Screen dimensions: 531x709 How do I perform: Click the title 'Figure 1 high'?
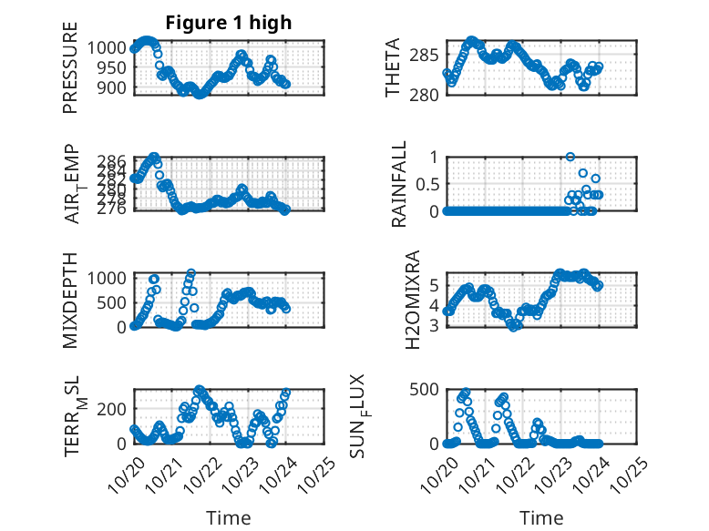pyautogui.click(x=228, y=23)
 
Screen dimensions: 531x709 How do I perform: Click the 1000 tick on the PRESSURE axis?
pyautogui.click(x=109, y=47)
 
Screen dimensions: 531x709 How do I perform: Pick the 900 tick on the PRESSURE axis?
pyautogui.click(x=115, y=87)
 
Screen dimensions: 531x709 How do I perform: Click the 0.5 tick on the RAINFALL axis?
pyautogui.click(x=428, y=183)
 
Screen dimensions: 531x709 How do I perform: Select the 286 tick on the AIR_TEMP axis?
pyautogui.click(x=115, y=159)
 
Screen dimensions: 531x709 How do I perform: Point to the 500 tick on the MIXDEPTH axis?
pyautogui.click(x=115, y=301)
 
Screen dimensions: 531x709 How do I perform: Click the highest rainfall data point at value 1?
pyautogui.click(x=570, y=157)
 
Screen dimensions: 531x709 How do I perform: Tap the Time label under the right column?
pyautogui.click(x=541, y=517)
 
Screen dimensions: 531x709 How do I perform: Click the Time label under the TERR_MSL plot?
pyautogui.click(x=230, y=517)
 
